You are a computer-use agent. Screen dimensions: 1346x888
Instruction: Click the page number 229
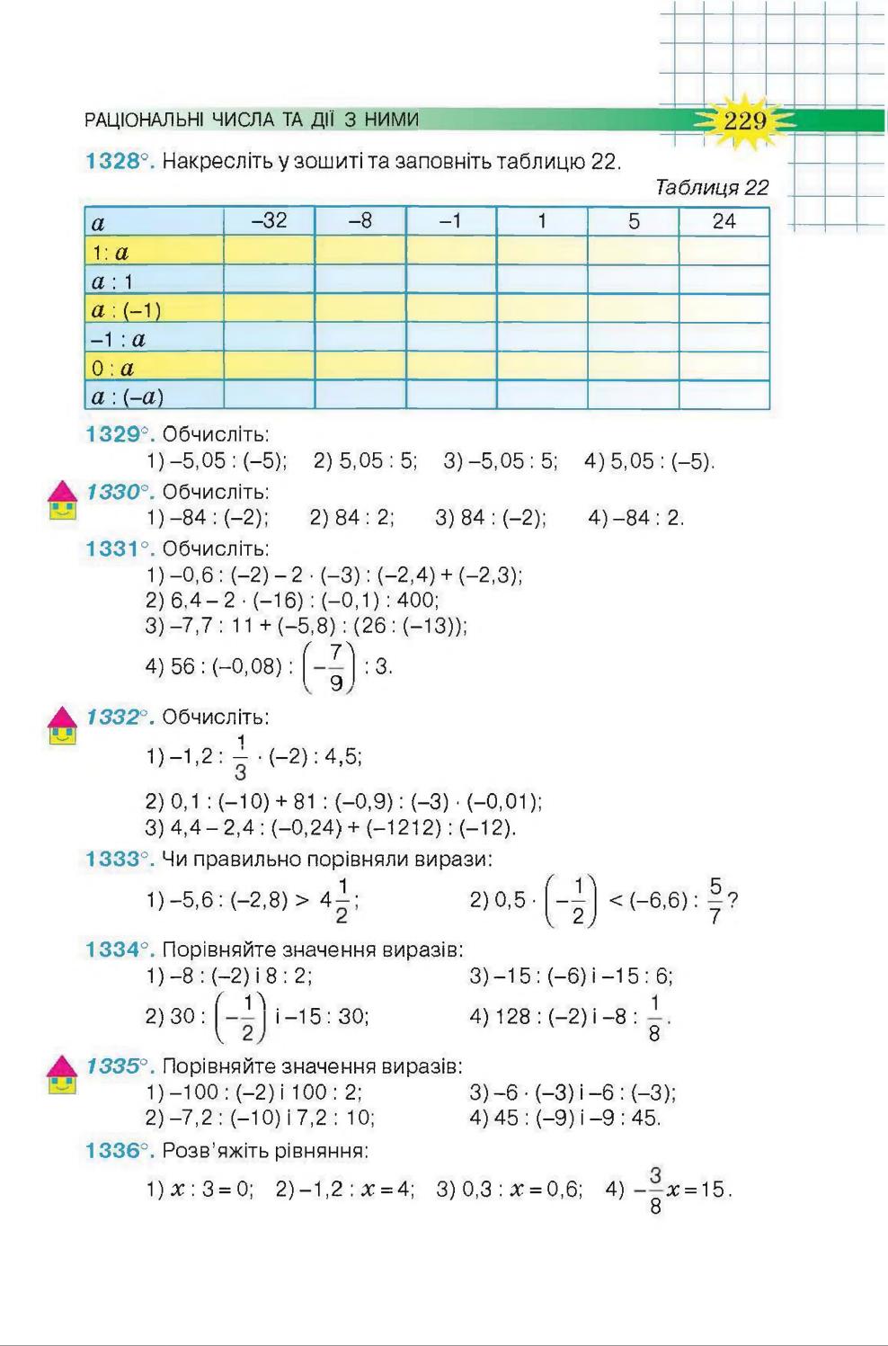coord(745,120)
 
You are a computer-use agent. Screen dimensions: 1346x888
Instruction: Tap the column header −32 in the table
coord(269,220)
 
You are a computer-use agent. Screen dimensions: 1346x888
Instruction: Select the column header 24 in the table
coord(724,221)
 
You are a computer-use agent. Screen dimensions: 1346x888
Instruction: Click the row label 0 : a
coord(113,368)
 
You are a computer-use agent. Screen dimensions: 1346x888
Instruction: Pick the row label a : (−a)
coord(128,397)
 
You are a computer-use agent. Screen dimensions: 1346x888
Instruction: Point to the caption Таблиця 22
coord(712,188)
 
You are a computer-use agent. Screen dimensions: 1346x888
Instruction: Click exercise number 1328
coord(112,162)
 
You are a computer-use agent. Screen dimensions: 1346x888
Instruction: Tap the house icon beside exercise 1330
coord(61,502)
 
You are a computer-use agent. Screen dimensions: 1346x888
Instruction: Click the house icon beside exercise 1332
coord(61,726)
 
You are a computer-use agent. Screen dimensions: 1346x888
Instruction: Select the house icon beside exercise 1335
coord(61,1074)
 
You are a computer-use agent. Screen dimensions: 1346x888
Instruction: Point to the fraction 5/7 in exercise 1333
coord(715,901)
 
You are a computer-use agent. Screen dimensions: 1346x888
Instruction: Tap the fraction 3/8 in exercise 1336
coord(655,1190)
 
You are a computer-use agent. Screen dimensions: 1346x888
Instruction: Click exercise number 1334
coord(112,949)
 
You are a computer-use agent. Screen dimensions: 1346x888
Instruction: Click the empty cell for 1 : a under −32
coord(269,251)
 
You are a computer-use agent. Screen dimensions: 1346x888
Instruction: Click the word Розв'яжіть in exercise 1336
coord(207,1151)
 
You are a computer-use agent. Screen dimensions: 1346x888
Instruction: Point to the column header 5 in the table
coord(634,221)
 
